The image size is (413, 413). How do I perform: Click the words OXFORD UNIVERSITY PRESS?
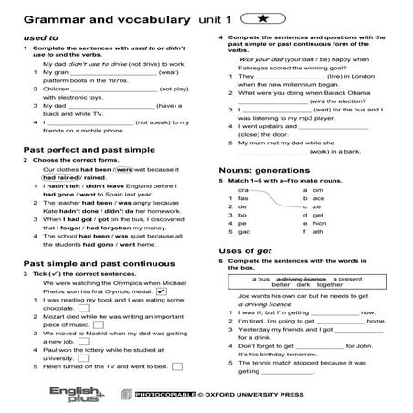click(x=249, y=396)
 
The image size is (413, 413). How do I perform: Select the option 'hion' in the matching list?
click(x=318, y=224)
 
